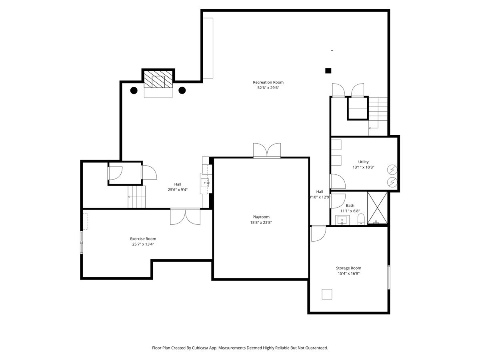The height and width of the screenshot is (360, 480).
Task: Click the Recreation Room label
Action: [x=268, y=82]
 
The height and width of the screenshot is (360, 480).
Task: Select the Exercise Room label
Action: [x=143, y=239]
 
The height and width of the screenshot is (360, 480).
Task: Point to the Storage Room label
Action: [x=348, y=268]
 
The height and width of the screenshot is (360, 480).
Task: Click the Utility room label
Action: [x=363, y=162]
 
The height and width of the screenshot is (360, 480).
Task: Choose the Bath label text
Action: [x=350, y=206]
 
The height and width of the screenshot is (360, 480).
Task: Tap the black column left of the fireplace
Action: [x=134, y=90]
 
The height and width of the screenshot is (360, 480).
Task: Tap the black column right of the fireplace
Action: [x=182, y=90]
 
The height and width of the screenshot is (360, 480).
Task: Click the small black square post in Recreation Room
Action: [x=328, y=71]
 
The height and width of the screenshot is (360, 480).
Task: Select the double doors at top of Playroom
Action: [x=267, y=150]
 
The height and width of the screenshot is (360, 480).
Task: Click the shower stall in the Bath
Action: [x=378, y=208]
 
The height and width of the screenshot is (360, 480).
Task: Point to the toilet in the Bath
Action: [x=361, y=219]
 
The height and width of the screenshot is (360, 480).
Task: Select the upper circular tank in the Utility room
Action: [x=392, y=170]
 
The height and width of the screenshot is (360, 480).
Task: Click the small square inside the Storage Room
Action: [x=327, y=294]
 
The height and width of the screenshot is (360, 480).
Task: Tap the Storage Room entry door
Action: [x=318, y=234]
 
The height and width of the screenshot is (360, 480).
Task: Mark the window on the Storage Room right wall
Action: [x=388, y=277]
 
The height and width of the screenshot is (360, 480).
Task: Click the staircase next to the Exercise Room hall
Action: [x=137, y=197]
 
